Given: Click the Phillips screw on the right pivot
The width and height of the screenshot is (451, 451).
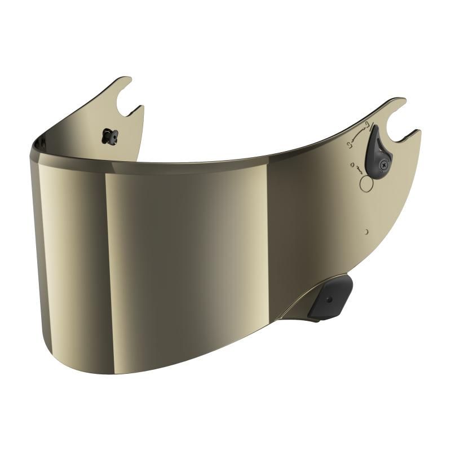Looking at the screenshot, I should pos(384,164).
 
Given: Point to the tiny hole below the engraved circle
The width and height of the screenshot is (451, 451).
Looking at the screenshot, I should pos(366,231).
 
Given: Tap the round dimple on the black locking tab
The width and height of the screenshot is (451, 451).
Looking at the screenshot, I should pos(329,299).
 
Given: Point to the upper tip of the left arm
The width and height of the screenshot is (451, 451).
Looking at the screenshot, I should pos(126,79).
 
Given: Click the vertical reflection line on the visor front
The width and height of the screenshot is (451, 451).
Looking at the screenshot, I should pos(105,237).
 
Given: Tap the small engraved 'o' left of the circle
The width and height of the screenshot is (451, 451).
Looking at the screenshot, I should pos(352,165).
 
